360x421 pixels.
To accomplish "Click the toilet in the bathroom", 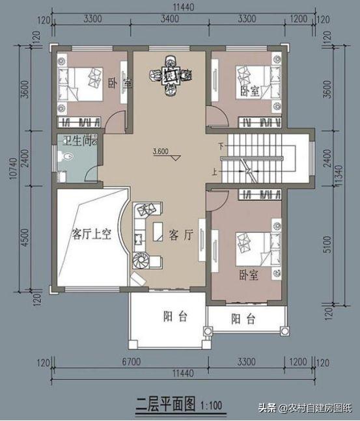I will pyautogui.click(x=66, y=156).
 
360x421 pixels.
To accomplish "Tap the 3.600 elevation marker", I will pyautogui.click(x=161, y=152).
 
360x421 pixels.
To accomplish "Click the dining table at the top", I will pyautogui.click(x=172, y=77).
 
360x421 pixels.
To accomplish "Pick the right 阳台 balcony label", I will pyautogui.click(x=243, y=319).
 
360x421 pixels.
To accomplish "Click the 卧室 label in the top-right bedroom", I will pyautogui.click(x=249, y=90).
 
